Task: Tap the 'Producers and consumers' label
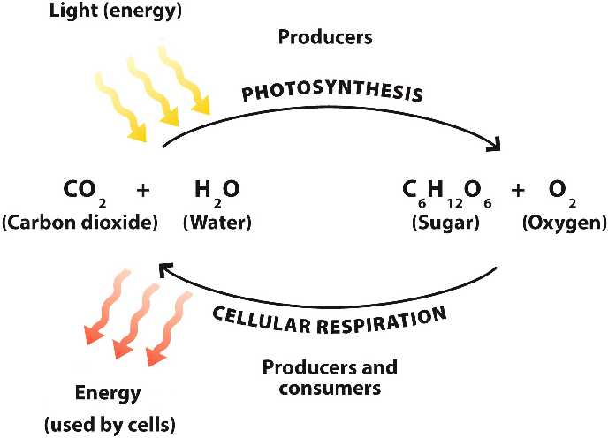point(329,377)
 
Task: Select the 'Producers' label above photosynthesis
point(325,38)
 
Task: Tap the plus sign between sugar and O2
point(519,190)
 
